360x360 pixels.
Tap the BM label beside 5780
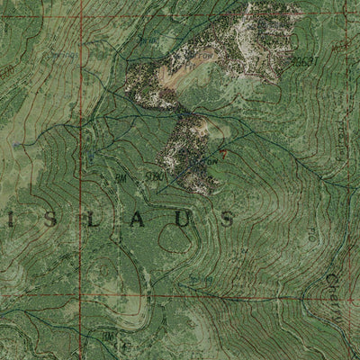[x=121, y=179]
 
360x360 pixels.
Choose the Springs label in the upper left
[x=147, y=40]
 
